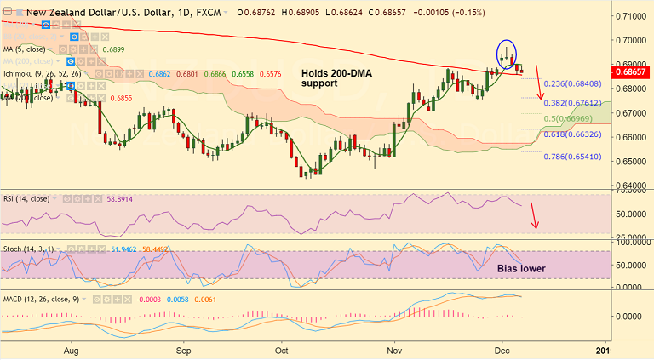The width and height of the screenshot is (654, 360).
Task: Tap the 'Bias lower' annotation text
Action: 521,269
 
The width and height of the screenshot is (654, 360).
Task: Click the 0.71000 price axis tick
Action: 629,16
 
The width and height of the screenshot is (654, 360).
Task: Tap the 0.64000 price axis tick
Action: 629,186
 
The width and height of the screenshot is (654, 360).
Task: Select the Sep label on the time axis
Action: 183,350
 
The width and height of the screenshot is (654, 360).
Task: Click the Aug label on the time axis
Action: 72,350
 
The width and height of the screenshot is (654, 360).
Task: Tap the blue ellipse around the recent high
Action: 507,54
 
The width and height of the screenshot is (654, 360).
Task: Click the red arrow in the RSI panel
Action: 534,216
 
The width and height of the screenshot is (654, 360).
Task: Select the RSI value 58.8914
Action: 118,198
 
